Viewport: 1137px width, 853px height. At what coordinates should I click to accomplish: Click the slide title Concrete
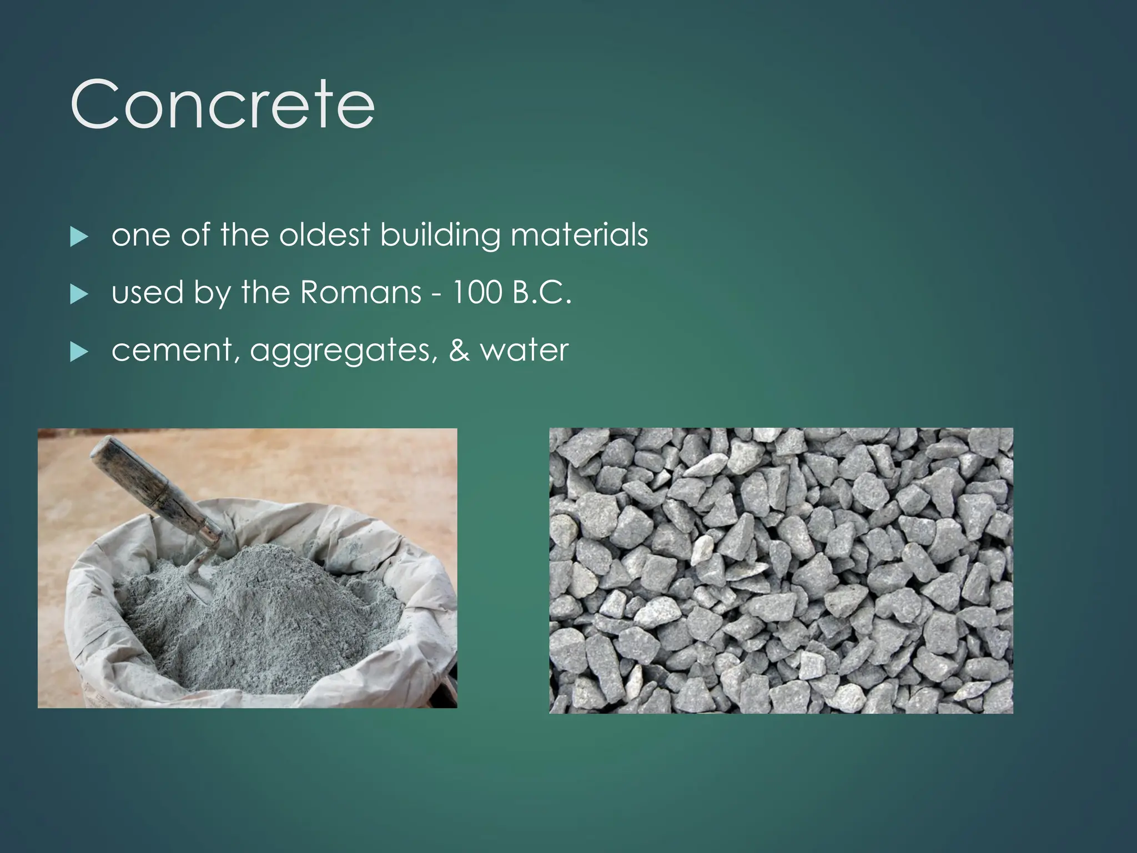[222, 104]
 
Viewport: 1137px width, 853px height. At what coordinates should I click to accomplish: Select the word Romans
[361, 293]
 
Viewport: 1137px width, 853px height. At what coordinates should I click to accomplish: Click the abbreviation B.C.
[542, 293]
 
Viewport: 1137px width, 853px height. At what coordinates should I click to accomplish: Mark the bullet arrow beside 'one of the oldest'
[79, 237]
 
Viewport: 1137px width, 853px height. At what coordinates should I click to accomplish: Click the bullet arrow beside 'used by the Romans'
[79, 295]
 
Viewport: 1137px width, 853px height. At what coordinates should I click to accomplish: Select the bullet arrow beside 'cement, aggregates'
[79, 353]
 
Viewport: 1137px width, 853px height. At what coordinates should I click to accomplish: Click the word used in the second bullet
[147, 293]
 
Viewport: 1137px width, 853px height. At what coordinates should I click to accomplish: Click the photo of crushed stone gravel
[781, 570]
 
